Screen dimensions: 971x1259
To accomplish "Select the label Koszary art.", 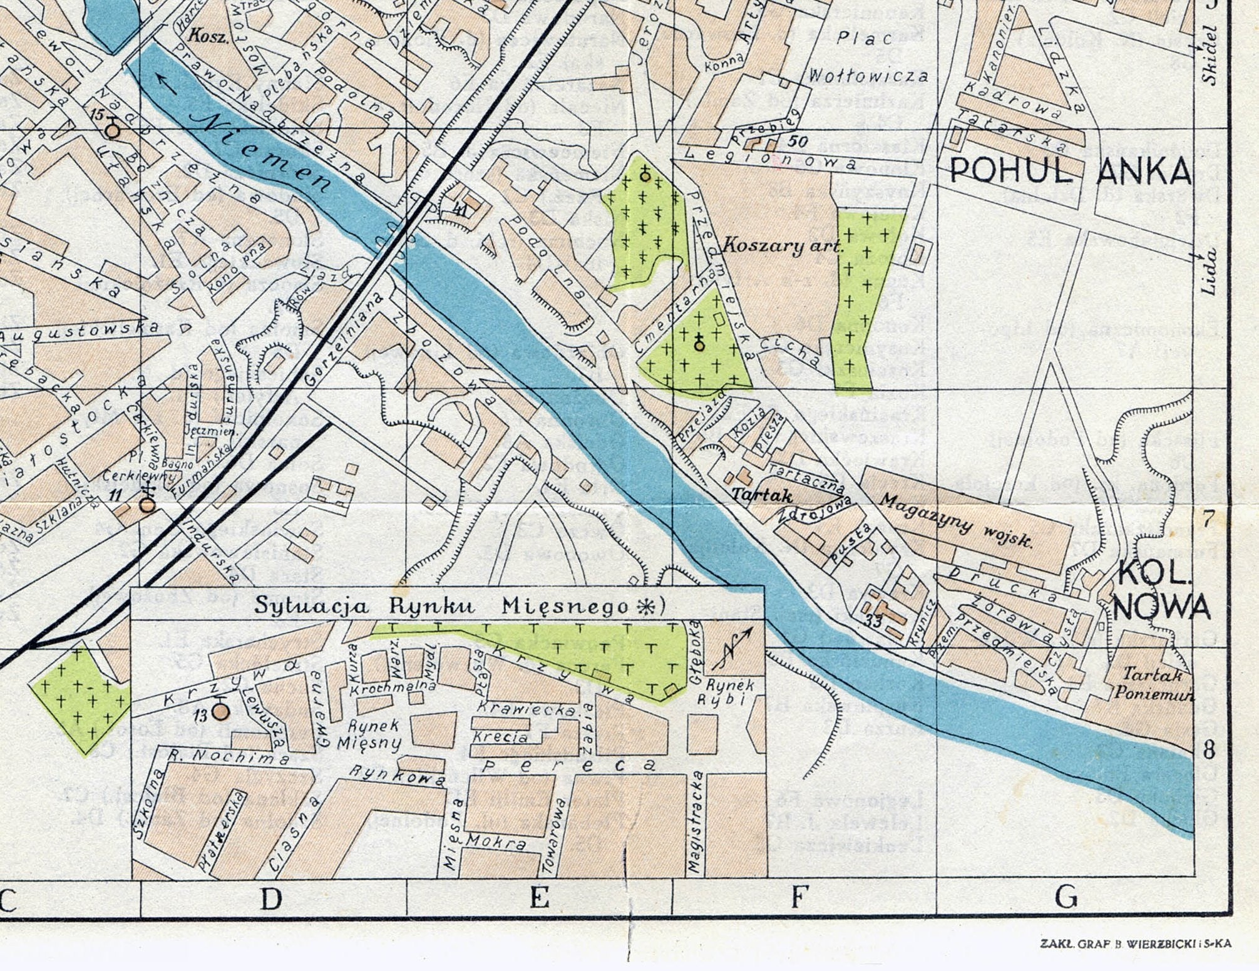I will (783, 245).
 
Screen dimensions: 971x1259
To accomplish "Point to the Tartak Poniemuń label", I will (1153, 684).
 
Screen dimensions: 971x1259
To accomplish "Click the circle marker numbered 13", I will (221, 711).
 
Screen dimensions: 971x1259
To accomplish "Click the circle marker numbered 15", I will (113, 130).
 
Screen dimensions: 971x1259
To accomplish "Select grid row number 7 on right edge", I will (1208, 518).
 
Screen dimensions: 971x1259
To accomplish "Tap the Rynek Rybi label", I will (730, 692).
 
